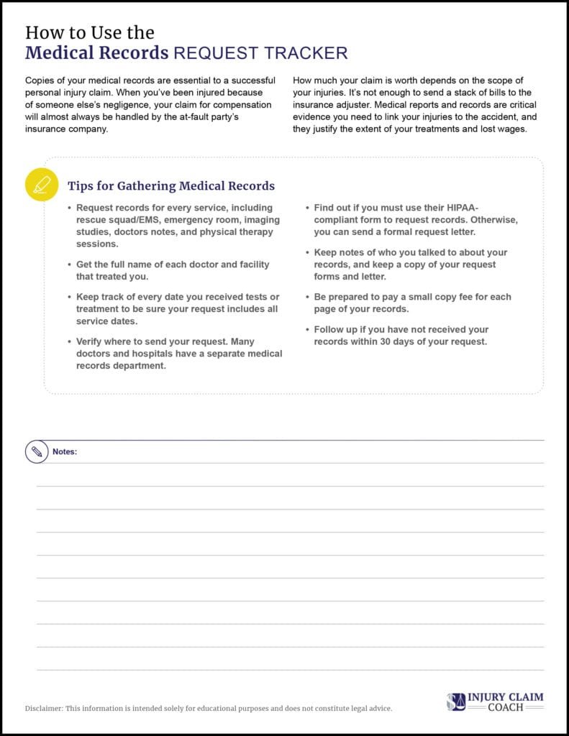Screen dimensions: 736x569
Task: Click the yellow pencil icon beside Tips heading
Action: (41, 185)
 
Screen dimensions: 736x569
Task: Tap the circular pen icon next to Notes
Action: (35, 451)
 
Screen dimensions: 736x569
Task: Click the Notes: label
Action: (65, 452)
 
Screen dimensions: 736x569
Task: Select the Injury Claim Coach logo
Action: (494, 701)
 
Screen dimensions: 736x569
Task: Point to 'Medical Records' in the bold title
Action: (97, 53)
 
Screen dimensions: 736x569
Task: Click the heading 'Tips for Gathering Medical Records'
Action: (171, 186)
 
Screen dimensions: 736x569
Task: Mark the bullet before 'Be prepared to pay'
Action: (307, 297)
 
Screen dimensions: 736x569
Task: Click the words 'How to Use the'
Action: (90, 32)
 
